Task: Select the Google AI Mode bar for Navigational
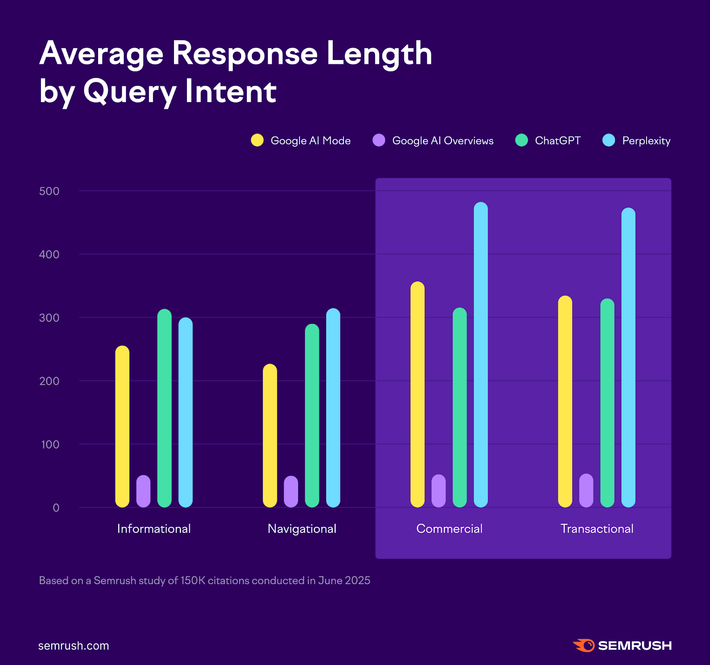click(270, 435)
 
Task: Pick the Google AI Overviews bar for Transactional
click(586, 490)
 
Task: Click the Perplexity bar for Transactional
click(628, 357)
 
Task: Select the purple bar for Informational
click(143, 491)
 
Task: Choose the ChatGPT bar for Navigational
click(312, 415)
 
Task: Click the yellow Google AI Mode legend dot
click(257, 140)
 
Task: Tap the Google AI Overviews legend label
click(442, 141)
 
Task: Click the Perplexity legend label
click(646, 141)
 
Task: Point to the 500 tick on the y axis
click(49, 191)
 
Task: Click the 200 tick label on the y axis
click(49, 381)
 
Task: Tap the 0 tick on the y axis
click(56, 508)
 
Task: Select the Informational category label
click(154, 529)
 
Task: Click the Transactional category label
click(596, 529)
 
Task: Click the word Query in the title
click(130, 92)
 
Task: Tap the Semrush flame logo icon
click(584, 645)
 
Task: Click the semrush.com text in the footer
click(74, 645)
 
